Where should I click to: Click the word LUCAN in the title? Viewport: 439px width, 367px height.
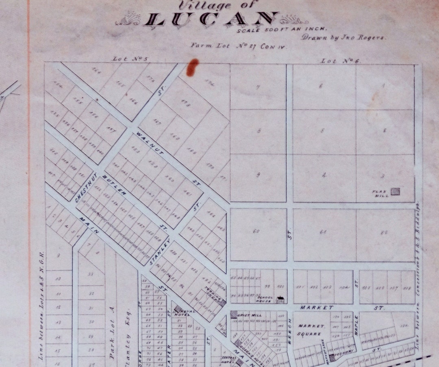[211, 20]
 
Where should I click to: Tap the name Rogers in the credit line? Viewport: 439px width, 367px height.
[372, 37]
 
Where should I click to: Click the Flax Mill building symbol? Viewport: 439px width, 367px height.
[395, 191]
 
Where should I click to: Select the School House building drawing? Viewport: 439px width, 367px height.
[280, 300]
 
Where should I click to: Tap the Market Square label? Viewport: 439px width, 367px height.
[311, 330]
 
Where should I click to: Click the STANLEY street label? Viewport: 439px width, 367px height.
[161, 253]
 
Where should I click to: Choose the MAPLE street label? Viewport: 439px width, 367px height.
[356, 325]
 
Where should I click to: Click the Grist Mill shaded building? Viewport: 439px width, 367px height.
[234, 314]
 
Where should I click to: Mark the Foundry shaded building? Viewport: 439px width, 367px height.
[333, 358]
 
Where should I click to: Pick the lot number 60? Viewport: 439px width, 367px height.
[256, 232]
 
